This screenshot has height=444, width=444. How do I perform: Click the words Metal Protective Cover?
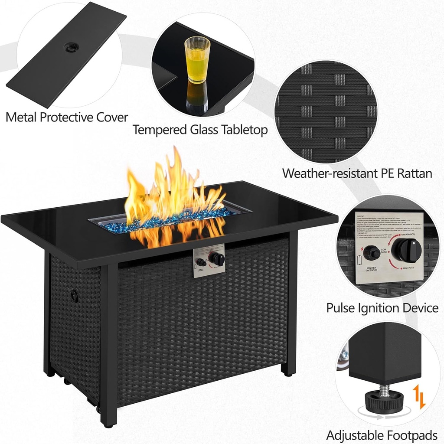[67, 117]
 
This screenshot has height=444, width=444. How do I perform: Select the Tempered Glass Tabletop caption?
[200, 130]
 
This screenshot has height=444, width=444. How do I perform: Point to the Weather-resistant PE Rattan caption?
[357, 173]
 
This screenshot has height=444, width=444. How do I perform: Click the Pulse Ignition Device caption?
[382, 308]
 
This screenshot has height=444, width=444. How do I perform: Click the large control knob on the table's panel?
[216, 259]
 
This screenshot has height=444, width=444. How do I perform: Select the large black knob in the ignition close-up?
[407, 250]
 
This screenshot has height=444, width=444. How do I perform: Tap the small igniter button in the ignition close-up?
[371, 253]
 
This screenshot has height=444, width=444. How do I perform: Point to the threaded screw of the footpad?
[384, 390]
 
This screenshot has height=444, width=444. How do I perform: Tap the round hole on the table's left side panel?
[74, 296]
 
